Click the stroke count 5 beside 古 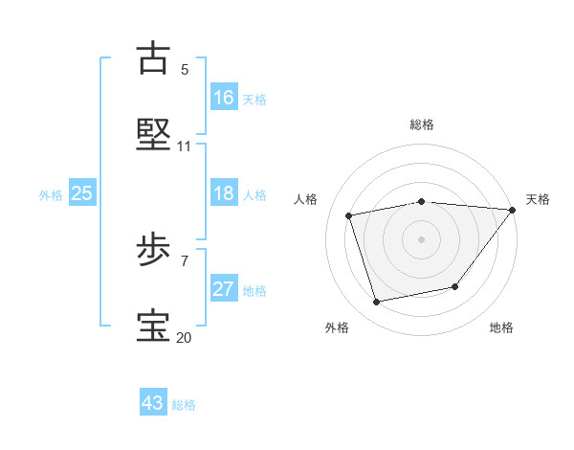(x=185, y=69)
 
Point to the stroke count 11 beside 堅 (x=185, y=146)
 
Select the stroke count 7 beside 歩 (x=185, y=260)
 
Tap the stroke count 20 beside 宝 (x=185, y=338)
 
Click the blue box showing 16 (x=224, y=98)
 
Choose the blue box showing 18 (x=224, y=193)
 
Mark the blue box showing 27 (x=224, y=289)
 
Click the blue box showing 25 (x=82, y=193)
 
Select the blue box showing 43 (x=153, y=403)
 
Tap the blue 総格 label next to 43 (x=184, y=405)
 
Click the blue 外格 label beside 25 (x=51, y=195)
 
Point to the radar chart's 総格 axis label (x=422, y=124)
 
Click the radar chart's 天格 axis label (x=538, y=199)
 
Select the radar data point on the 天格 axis (x=513, y=210)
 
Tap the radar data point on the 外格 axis (x=377, y=303)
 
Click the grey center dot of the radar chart (x=422, y=239)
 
